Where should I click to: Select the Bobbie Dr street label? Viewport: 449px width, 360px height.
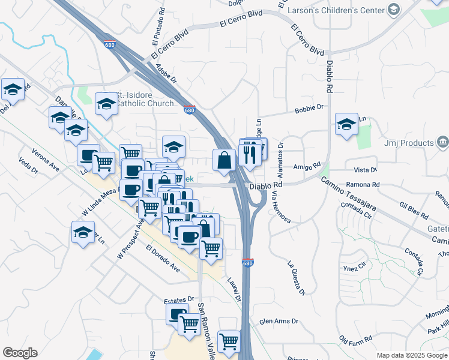tap(309, 109)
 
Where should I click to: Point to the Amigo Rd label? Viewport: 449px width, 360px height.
tap(307, 167)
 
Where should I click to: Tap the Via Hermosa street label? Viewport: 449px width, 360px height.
tap(280, 203)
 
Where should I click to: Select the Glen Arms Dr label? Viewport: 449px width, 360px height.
tap(279, 322)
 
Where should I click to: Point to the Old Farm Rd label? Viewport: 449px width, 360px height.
tap(355, 340)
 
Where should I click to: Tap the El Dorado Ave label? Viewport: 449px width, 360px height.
tap(163, 259)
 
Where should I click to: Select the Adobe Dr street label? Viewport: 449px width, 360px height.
tap(166, 73)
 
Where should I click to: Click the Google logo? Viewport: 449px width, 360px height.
tap(20, 353)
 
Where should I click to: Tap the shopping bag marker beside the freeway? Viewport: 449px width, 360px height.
tap(224, 161)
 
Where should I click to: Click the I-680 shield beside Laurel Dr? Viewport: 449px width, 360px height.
tap(248, 262)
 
